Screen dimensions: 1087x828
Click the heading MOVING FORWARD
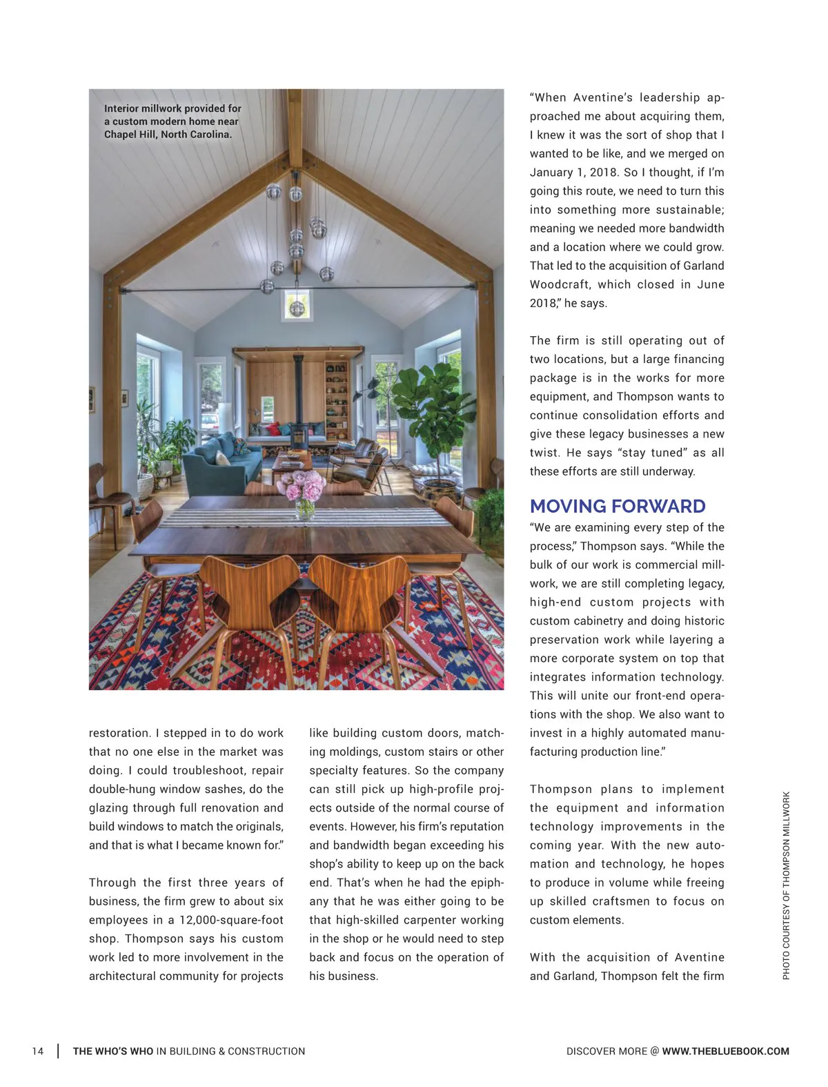pos(617,507)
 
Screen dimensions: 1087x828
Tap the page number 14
pos(38,1051)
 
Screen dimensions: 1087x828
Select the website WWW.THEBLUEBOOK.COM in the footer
pos(725,1051)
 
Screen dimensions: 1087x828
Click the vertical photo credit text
pos(786,885)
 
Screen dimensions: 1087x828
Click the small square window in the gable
pos(297,305)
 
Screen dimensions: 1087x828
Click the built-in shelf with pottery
pos(337,400)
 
